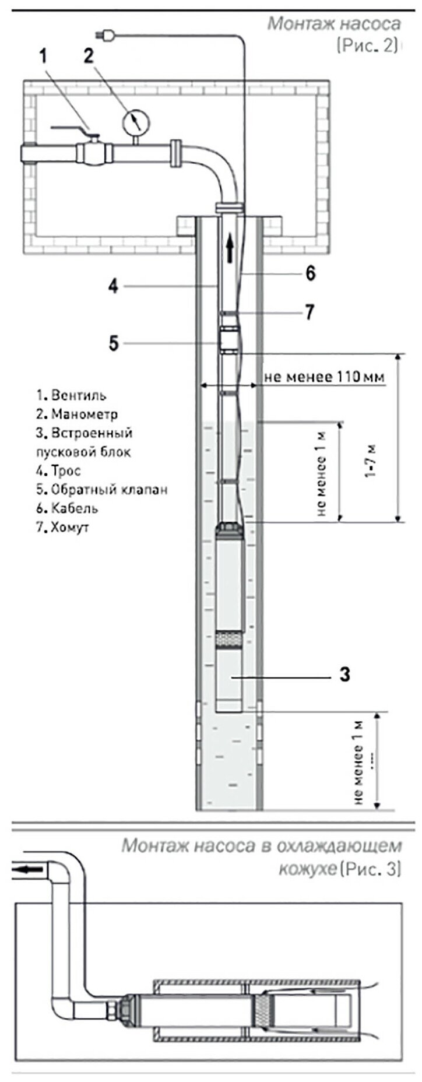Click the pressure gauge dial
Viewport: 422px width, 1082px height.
pyautogui.click(x=136, y=122)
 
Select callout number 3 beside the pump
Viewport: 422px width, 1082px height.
pyautogui.click(x=345, y=675)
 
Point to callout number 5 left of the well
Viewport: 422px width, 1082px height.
pyautogui.click(x=114, y=343)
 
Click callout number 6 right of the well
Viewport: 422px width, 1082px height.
pyautogui.click(x=311, y=272)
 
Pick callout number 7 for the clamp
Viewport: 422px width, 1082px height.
pyautogui.click(x=309, y=312)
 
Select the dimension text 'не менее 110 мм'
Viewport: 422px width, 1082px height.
pyautogui.click(x=325, y=377)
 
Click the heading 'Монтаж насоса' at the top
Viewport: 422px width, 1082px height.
pyautogui.click(x=334, y=24)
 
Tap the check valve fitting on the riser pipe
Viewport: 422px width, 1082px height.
pyautogui.click(x=230, y=339)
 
